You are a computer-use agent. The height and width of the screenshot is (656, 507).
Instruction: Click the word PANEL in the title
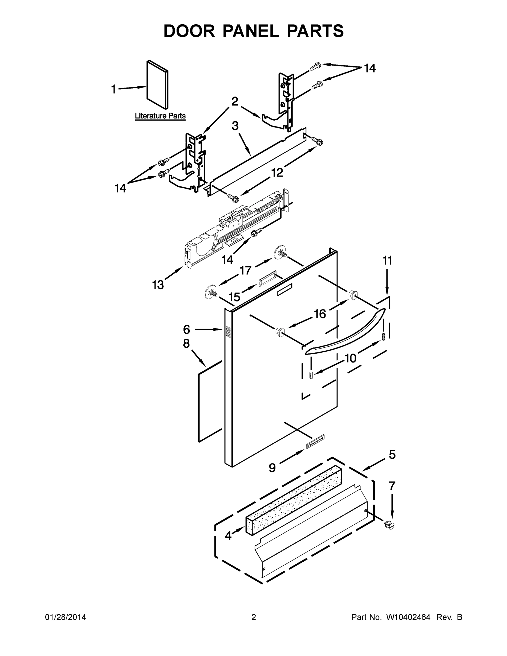251,31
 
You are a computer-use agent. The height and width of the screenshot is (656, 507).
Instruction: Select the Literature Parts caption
160,116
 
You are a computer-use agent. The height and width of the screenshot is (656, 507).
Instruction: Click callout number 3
235,126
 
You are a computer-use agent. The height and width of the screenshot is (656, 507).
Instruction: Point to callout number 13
158,285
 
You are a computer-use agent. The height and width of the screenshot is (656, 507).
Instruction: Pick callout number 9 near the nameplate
272,468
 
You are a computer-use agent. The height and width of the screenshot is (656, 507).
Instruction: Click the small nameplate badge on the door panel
315,446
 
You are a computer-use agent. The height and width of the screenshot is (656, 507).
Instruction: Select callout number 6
186,329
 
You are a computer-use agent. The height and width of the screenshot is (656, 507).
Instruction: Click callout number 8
186,344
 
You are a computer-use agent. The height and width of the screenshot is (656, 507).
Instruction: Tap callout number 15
234,297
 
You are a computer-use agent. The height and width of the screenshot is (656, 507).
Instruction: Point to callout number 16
320,314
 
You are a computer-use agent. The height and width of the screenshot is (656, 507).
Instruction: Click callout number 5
392,455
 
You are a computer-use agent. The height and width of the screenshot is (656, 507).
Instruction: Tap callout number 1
113,89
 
